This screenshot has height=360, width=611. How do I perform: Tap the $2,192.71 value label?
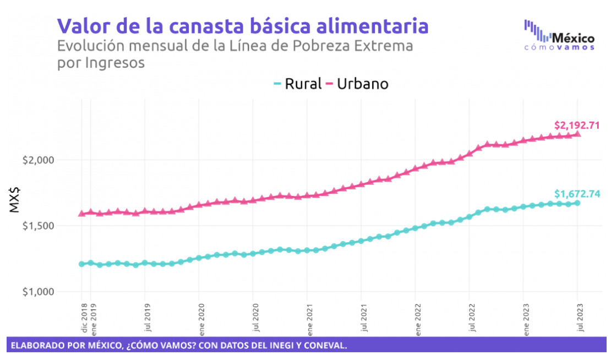point(577,125)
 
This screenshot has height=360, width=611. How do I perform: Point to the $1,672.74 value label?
point(577,193)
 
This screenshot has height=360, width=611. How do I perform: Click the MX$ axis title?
point(15,199)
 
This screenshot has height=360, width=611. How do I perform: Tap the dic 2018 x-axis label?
point(84,318)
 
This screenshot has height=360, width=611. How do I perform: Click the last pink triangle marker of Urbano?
point(577,134)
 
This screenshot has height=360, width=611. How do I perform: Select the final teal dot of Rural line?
point(577,203)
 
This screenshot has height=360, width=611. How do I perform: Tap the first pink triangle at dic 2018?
point(82,213)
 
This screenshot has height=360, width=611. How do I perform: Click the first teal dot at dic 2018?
point(82,264)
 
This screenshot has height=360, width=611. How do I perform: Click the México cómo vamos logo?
point(559,35)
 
